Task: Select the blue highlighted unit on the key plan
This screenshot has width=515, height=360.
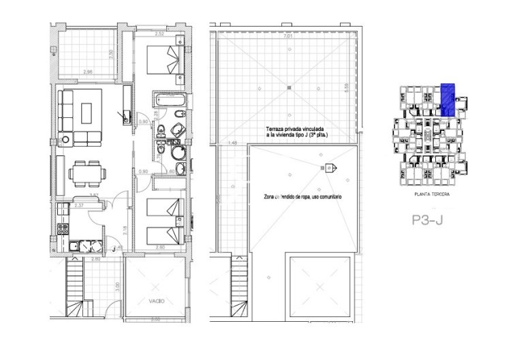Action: [448, 99]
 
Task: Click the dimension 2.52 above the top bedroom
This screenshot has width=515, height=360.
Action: [159, 33]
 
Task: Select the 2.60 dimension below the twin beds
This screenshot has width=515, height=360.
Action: [160, 247]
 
